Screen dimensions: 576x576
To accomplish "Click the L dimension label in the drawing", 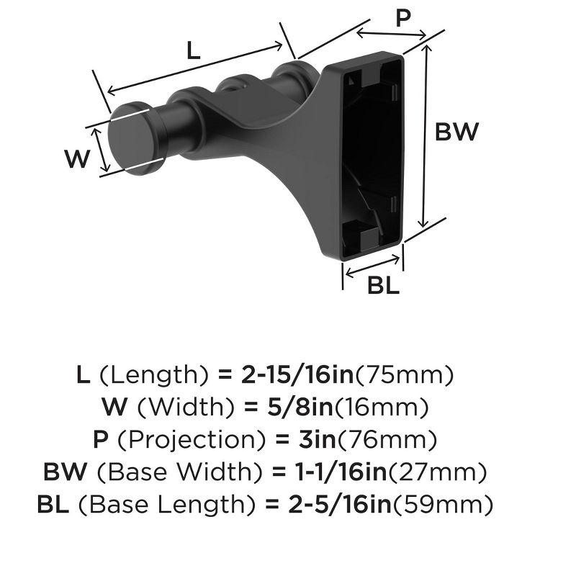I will pyautogui.click(x=192, y=50).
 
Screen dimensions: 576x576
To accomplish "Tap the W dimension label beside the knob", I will pyautogui.click(x=76, y=158).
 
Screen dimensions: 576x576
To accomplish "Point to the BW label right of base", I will pyautogui.click(x=456, y=132).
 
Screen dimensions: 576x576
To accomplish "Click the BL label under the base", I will pyautogui.click(x=383, y=286).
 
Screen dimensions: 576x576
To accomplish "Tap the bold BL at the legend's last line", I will pyautogui.click(x=54, y=505).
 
